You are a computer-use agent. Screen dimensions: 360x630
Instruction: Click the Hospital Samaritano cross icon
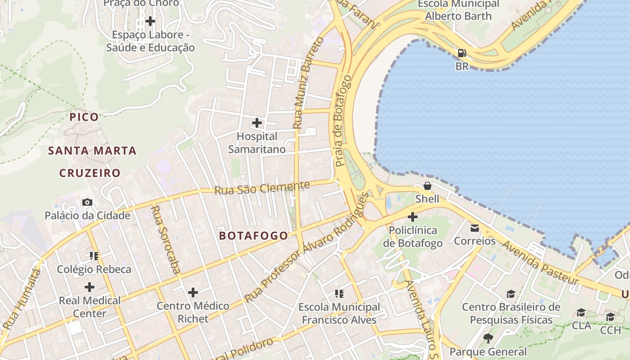pos(256,122)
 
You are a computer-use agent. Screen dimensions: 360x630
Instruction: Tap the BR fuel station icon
pos(462,53)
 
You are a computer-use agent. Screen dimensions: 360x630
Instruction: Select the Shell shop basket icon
pos(427,185)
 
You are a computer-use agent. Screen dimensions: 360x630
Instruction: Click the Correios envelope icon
pos(474,228)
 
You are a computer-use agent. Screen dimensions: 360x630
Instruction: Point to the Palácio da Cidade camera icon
pos(87,202)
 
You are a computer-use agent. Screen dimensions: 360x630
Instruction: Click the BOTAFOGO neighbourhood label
pos(253,236)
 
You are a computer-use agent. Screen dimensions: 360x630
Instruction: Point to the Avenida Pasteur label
pos(540,262)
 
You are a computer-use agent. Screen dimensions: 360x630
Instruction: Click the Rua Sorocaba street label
pos(166,239)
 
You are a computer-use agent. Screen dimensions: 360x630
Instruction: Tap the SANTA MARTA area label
pos(92,151)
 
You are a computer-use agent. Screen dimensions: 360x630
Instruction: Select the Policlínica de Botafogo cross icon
pos(412,217)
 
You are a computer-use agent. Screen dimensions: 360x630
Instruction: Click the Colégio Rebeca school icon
pos(94,256)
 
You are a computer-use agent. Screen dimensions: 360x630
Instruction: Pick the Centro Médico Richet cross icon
pos(193,292)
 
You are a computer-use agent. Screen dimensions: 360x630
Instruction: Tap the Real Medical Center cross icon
pos(90,287)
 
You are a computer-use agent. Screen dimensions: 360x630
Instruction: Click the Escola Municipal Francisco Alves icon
pos(339,294)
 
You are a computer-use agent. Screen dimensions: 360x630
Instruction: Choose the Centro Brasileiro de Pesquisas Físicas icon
pos(511,294)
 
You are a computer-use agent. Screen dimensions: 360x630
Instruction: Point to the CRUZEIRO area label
pos(90,173)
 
